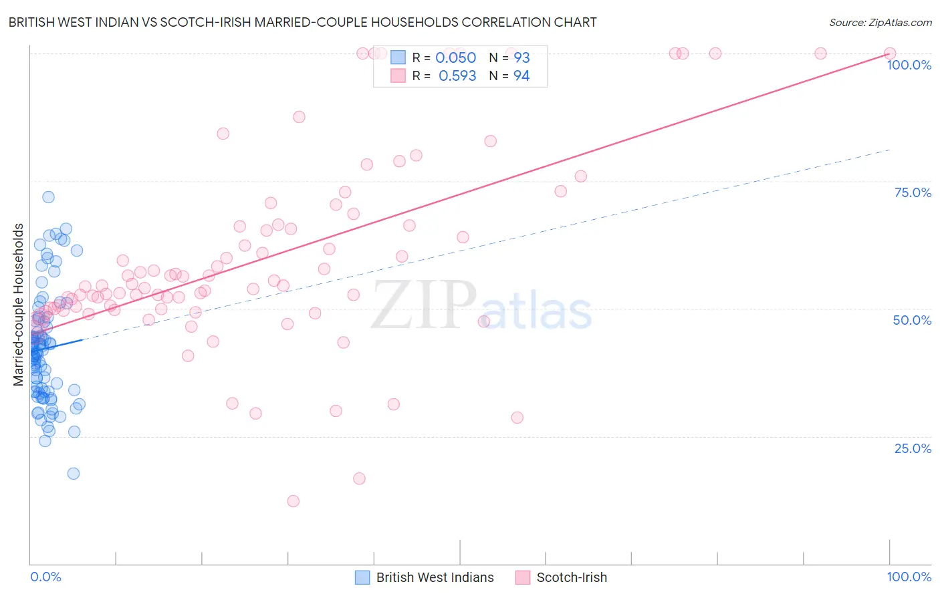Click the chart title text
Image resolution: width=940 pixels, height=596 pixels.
[x=302, y=22]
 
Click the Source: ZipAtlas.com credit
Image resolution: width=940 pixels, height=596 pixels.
[x=880, y=22]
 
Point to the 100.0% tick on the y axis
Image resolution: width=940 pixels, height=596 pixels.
[x=909, y=65]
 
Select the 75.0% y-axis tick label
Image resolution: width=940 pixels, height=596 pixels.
[x=913, y=192]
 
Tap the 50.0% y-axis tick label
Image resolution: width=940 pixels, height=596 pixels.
[x=912, y=320]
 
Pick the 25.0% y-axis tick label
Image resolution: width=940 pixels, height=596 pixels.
[x=913, y=448]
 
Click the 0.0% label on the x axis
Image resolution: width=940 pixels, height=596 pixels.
[x=45, y=577]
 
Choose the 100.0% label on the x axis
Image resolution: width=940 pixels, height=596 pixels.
[x=909, y=577]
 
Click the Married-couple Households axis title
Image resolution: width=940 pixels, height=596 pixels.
[x=19, y=305]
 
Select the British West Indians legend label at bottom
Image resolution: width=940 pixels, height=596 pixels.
[x=435, y=577]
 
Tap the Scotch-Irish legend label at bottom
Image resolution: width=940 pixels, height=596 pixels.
[x=572, y=577]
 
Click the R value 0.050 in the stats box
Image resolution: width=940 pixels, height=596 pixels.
[x=455, y=58]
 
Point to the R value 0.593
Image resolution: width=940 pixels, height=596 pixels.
[x=457, y=76]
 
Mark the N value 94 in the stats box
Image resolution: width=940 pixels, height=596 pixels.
[x=521, y=76]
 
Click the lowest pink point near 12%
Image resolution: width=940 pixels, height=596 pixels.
[x=293, y=501]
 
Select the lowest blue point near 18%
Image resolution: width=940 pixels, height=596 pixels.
[x=74, y=474]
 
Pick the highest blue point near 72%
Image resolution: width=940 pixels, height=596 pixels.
[x=48, y=197]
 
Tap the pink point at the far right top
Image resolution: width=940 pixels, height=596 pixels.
[x=890, y=53]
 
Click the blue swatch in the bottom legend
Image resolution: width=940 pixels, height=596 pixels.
[x=362, y=577]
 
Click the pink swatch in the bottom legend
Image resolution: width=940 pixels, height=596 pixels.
[x=523, y=577]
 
